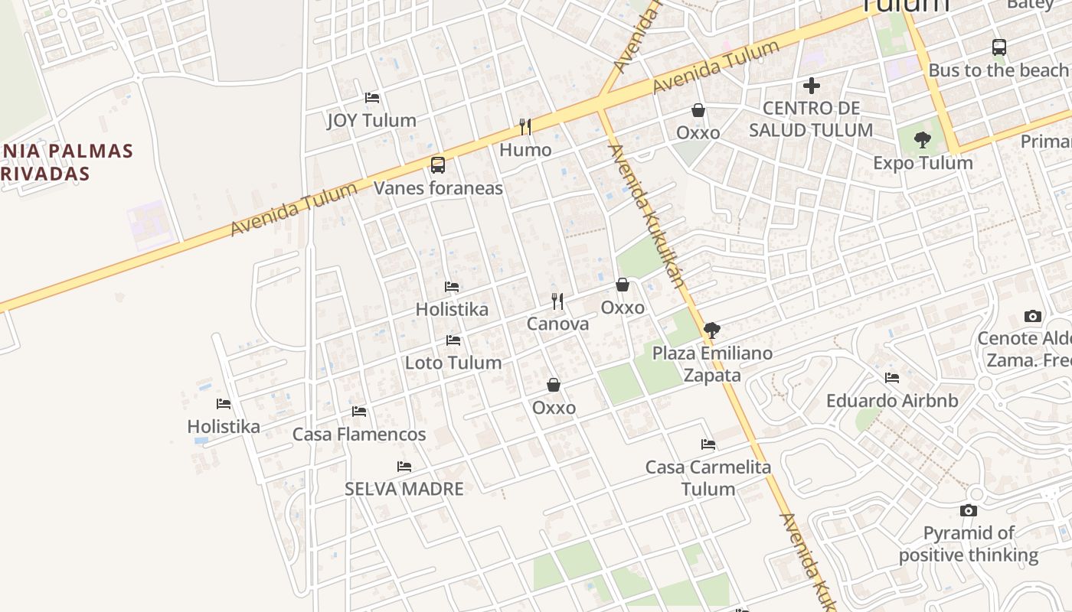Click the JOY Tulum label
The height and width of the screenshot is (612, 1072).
371,120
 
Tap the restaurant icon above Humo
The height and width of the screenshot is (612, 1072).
525,126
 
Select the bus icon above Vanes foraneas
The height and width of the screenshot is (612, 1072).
438,164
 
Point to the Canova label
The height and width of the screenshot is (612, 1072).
557,324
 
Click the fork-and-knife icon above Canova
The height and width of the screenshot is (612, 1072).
557,301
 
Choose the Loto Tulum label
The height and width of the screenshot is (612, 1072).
453,362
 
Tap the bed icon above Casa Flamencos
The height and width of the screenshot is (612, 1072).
359,412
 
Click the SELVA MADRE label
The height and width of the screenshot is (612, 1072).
404,489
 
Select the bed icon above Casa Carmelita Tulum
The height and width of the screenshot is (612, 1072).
708,444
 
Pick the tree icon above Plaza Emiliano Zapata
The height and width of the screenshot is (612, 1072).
711,330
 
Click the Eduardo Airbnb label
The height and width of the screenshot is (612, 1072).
892,400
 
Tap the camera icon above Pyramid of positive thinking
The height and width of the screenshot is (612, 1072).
969,510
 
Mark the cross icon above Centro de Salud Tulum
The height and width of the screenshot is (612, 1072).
812,86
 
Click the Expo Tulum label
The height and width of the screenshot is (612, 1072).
923,163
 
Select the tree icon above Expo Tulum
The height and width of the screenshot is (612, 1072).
923,140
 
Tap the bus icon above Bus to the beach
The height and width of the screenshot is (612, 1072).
999,47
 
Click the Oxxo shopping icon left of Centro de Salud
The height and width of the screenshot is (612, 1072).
698,111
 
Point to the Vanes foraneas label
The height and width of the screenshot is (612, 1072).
438,188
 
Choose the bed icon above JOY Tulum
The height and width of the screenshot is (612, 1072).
372,98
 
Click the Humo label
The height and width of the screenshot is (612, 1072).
525,150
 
